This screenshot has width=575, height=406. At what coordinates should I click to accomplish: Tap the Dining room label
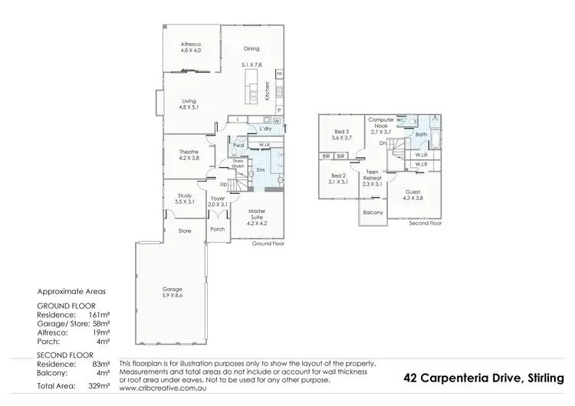pyautogui.click(x=251, y=48)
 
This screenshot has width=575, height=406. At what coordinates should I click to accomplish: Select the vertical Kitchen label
pyautogui.click(x=267, y=92)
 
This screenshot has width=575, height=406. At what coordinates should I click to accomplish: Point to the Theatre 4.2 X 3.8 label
pyautogui.click(x=189, y=153)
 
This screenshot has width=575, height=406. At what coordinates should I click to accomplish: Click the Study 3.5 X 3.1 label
pyautogui.click(x=184, y=198)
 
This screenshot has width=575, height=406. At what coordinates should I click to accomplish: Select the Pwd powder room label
pyautogui.click(x=238, y=144)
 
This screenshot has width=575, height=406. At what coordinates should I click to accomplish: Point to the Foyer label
pyautogui.click(x=219, y=201)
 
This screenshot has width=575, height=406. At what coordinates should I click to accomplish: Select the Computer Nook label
pyautogui.click(x=381, y=125)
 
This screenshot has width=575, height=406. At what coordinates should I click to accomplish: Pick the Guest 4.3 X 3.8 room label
pyautogui.click(x=413, y=193)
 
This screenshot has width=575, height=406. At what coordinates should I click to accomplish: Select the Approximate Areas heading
pyautogui.click(x=70, y=292)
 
